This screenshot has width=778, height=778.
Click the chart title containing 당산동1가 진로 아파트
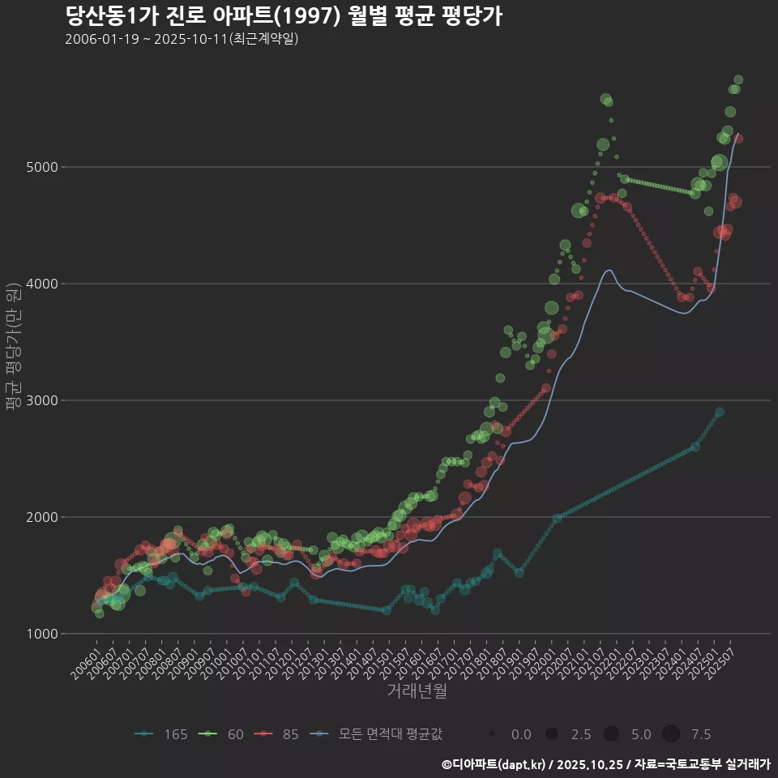[283, 16]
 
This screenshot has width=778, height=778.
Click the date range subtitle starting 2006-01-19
[182, 39]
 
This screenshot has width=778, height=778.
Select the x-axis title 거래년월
[417, 690]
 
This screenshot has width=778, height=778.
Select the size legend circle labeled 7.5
[671, 734]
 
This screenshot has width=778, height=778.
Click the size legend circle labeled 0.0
[493, 734]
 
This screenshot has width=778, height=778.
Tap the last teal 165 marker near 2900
[719, 413]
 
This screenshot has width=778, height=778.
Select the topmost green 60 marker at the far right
[738, 79]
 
